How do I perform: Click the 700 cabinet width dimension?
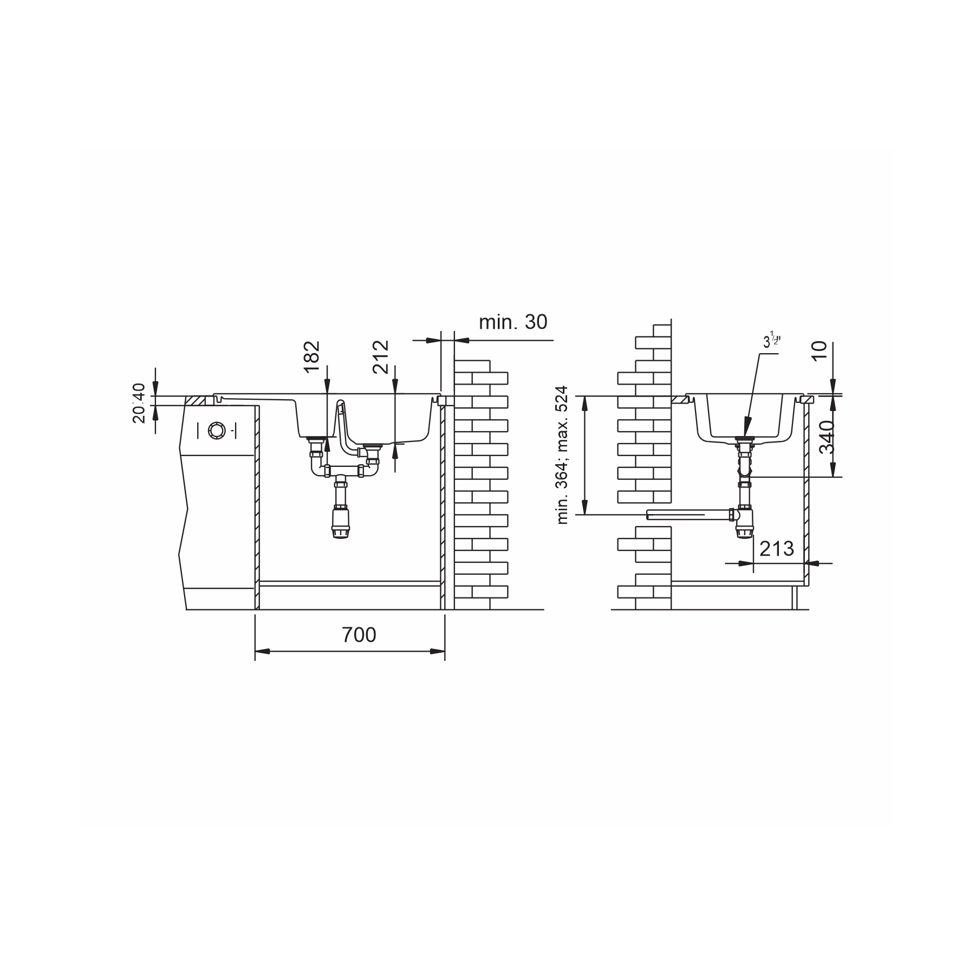[359, 635]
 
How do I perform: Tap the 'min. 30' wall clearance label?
[513, 322]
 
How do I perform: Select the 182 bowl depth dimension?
[312, 356]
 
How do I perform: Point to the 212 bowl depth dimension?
[381, 356]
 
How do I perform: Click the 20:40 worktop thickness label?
[139, 402]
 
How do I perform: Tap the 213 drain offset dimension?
[776, 549]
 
